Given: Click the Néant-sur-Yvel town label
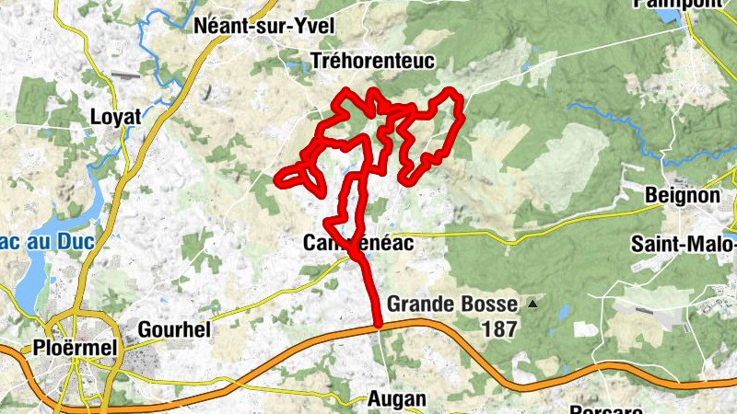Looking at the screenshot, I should pyautogui.click(x=263, y=26).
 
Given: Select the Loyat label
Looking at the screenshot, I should pyautogui.click(x=117, y=117).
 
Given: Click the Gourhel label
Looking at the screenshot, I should pyautogui.click(x=174, y=329).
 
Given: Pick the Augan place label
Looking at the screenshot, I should pyautogui.click(x=396, y=398).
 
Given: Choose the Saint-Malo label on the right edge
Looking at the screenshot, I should pyautogui.click(x=684, y=244).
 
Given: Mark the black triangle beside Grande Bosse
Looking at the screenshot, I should pyautogui.click(x=532, y=303).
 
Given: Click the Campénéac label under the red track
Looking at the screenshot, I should pyautogui.click(x=357, y=244).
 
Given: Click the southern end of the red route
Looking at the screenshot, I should pyautogui.click(x=378, y=323).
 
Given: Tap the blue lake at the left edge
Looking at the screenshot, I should pyautogui.click(x=28, y=276).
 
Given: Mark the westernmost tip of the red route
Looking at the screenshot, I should pyautogui.click(x=278, y=178).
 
